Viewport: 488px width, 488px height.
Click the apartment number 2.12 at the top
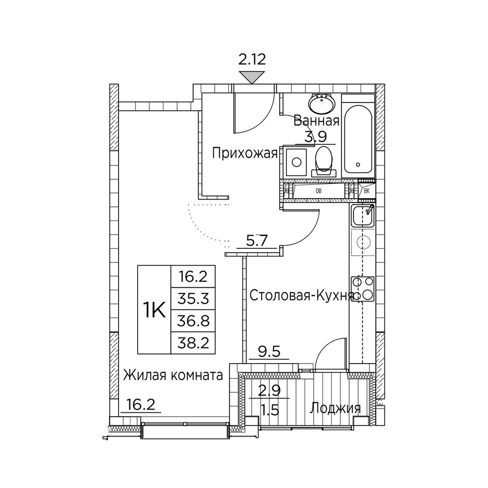(252, 61)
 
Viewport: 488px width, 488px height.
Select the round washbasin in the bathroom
(321, 103)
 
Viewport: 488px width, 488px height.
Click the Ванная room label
(316, 122)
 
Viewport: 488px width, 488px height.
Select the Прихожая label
(244, 154)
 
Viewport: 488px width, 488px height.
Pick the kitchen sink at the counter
(362, 215)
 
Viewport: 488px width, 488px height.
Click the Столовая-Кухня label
(301, 295)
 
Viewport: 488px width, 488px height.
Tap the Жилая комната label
(173, 375)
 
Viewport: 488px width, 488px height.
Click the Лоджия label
(335, 408)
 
